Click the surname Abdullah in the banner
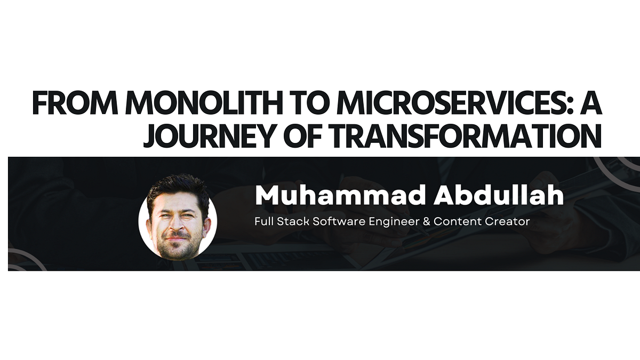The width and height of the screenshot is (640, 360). [x=498, y=196]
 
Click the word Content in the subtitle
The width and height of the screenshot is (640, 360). [x=457, y=221]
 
